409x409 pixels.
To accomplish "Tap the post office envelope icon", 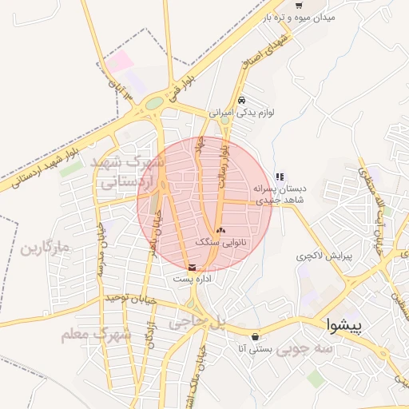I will pyautogui.click(x=191, y=268).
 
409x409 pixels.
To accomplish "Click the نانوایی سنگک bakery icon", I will pyautogui.click(x=220, y=230).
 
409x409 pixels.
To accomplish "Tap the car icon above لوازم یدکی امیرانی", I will pyautogui.click(x=241, y=101).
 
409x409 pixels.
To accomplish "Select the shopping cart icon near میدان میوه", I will pyautogui.click(x=299, y=5).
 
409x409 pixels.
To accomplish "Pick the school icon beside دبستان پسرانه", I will pyautogui.click(x=280, y=177).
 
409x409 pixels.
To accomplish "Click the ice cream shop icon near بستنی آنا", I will pyautogui.click(x=256, y=336).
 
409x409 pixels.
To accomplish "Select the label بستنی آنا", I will pyautogui.click(x=256, y=349).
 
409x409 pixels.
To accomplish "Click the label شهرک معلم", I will pyautogui.click(x=96, y=334).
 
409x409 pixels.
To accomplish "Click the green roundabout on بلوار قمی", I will pyautogui.click(x=154, y=103).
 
